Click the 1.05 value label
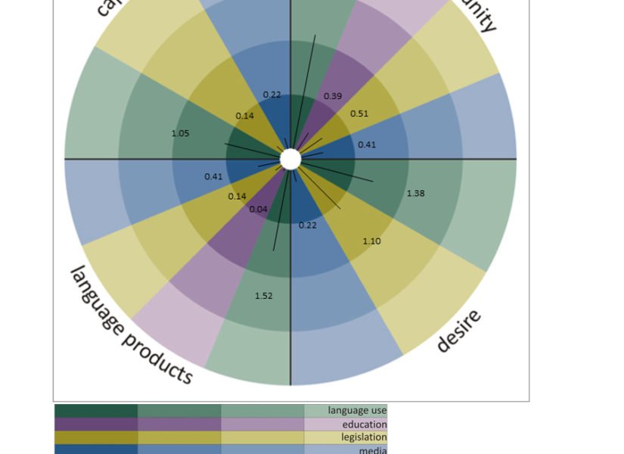[180, 133]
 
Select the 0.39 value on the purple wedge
[333, 96]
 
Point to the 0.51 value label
[359, 113]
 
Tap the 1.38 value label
[415, 193]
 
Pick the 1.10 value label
[371, 241]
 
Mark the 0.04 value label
[258, 209]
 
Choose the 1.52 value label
[263, 296]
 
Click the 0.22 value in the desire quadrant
[308, 225]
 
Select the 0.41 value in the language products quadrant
[213, 176]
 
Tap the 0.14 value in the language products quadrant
[237, 196]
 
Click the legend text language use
[357, 410]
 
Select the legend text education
[365, 424]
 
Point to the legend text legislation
[364, 437]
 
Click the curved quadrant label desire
[459, 331]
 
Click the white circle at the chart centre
[290, 159]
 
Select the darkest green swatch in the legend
[96, 410]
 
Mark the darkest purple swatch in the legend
[96, 424]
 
